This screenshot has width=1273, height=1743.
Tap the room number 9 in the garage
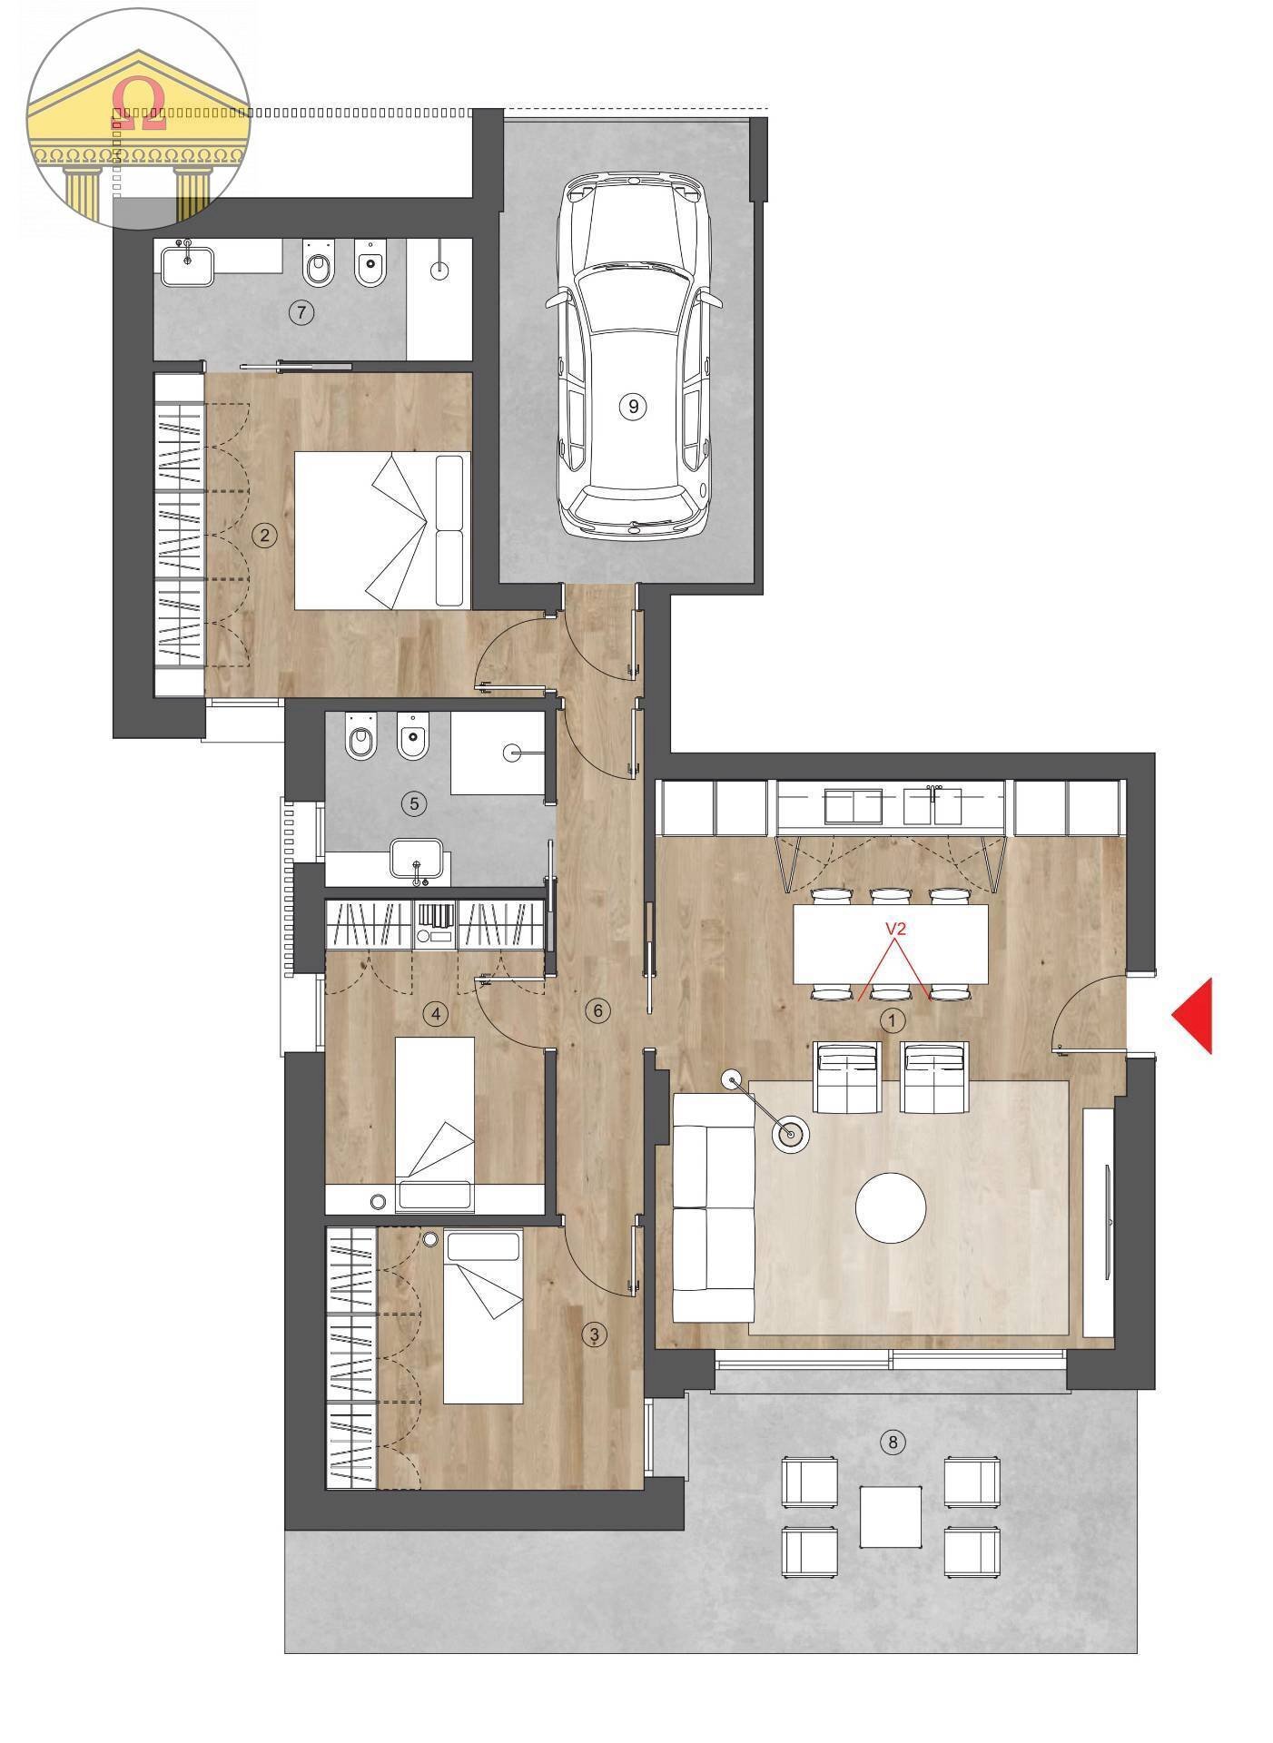tap(633, 407)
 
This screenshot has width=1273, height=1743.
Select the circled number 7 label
tap(301, 313)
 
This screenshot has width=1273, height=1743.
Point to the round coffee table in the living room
tap(891, 1207)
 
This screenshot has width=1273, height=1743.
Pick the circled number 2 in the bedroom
tap(264, 535)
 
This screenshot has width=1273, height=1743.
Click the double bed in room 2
tap(382, 530)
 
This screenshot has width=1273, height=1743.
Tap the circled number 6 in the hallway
tap(597, 1009)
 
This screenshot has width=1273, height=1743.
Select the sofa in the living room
tap(713, 1208)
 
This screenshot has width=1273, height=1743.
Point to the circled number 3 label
tap(595, 1334)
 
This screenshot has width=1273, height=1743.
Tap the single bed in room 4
tap(434, 1124)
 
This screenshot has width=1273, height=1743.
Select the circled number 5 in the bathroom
tap(414, 803)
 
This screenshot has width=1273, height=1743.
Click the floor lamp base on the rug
tap(791, 1134)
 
